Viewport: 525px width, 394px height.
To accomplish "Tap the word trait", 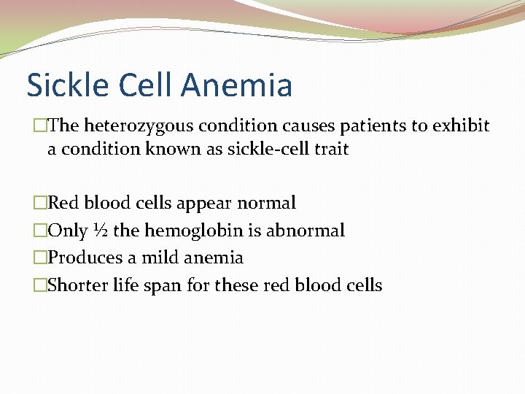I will click(x=331, y=150).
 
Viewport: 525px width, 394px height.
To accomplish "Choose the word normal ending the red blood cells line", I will click(x=269, y=203).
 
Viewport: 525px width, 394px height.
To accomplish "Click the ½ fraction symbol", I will click(x=101, y=231).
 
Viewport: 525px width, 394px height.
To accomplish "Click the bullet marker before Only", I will click(x=41, y=231).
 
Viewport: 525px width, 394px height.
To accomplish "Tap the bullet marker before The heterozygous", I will click(x=41, y=126).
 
